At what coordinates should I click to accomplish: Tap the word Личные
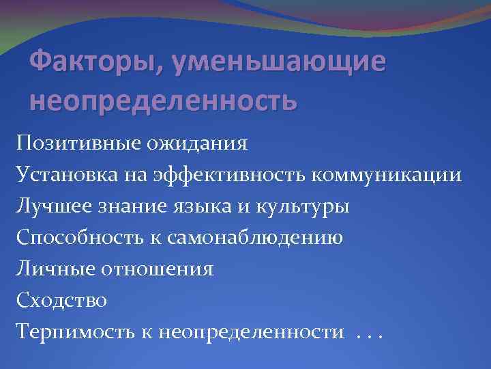coord(54,269)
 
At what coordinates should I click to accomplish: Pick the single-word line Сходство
coord(62,300)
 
